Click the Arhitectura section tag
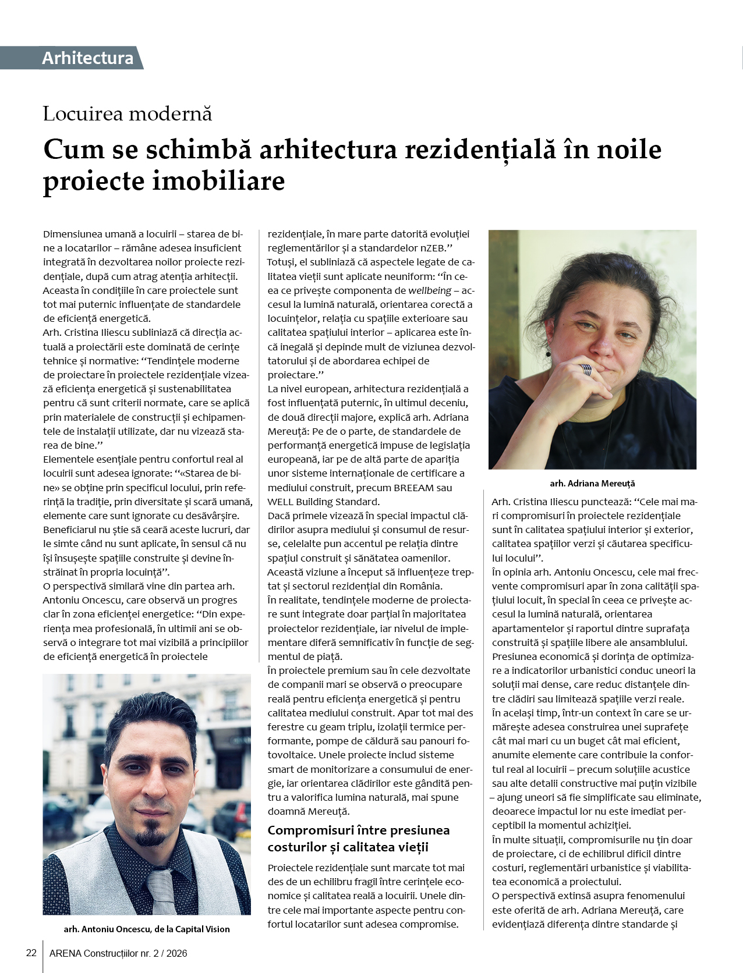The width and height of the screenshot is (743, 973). pyautogui.click(x=87, y=58)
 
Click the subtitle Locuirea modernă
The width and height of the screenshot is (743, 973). pyautogui.click(x=127, y=113)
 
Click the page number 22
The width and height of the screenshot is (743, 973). pyautogui.click(x=31, y=953)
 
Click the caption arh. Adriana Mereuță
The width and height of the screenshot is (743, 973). pyautogui.click(x=592, y=483)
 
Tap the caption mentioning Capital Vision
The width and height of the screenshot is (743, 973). pyautogui.click(x=147, y=929)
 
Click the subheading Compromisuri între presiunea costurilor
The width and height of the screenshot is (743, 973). pyautogui.click(x=358, y=838)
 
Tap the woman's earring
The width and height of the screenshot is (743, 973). pyautogui.click(x=548, y=353)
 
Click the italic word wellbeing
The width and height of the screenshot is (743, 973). pyautogui.click(x=430, y=290)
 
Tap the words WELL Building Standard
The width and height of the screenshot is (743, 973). pyautogui.click(x=323, y=502)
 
